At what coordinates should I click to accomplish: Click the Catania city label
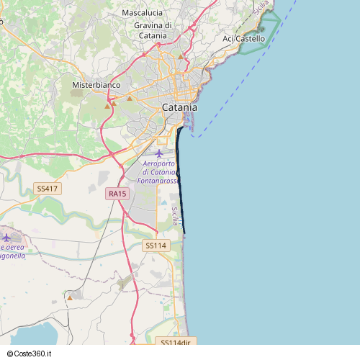click(179, 107)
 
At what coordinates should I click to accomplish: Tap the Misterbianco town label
click(96, 85)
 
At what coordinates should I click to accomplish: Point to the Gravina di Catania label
click(153, 30)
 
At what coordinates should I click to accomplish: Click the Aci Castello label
click(243, 38)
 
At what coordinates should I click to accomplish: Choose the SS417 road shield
click(47, 189)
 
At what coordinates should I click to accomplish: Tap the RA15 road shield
click(117, 194)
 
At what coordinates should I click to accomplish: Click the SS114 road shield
click(156, 246)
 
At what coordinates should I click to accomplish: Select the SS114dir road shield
click(175, 343)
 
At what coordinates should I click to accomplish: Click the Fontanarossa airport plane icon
click(159, 153)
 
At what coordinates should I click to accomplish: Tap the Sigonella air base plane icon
click(7, 238)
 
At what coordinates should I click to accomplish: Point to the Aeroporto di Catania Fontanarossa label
click(159, 174)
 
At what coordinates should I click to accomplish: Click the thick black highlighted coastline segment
click(180, 180)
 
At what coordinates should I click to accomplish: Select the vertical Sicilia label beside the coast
click(174, 216)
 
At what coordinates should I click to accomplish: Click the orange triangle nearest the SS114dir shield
click(71, 297)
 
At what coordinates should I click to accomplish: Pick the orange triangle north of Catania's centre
click(180, 55)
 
